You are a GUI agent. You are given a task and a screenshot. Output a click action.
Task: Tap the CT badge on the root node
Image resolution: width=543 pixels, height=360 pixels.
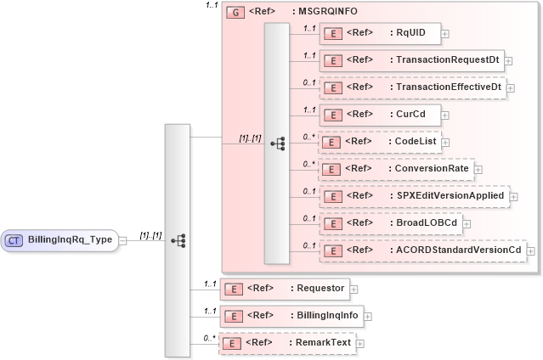click(x=14, y=240)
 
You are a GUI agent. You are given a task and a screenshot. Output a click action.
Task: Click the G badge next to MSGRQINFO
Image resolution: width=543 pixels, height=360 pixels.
click(x=232, y=13)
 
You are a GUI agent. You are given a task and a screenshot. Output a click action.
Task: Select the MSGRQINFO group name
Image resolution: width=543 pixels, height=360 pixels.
click(x=325, y=13)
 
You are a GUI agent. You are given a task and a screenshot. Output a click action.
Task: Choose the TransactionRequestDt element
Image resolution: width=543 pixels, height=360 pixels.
click(x=411, y=60)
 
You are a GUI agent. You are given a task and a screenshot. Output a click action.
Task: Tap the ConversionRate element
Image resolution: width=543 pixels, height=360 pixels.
click(x=394, y=168)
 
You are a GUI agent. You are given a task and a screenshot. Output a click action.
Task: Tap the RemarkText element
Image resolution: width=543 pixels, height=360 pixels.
click(x=286, y=343)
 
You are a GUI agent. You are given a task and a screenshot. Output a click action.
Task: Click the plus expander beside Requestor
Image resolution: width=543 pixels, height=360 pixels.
click(x=354, y=290)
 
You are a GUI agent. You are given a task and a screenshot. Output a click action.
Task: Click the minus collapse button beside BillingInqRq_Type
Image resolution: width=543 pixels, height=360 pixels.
click(x=123, y=240)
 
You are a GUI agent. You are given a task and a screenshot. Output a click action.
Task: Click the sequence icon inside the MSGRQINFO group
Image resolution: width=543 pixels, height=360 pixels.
click(x=277, y=143)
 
